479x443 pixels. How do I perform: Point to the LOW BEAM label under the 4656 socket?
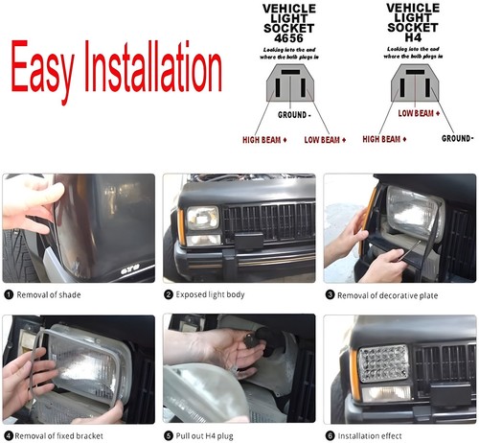click(321, 141)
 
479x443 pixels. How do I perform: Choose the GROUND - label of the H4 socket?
click(458, 138)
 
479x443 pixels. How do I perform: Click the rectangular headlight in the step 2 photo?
click(203, 219)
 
